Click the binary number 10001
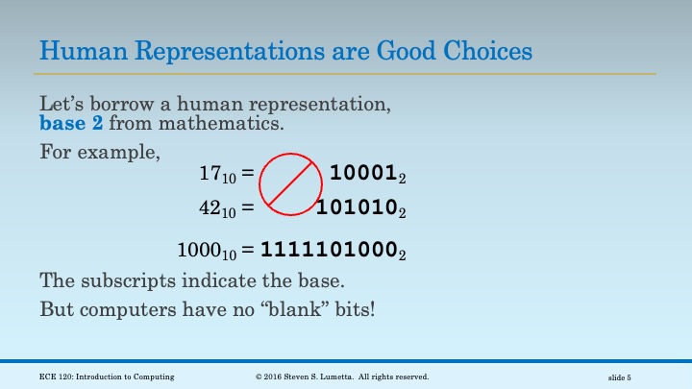pyautogui.click(x=361, y=174)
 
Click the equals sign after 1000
pyautogui.click(x=248, y=252)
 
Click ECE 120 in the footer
pyautogui.click(x=58, y=377)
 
